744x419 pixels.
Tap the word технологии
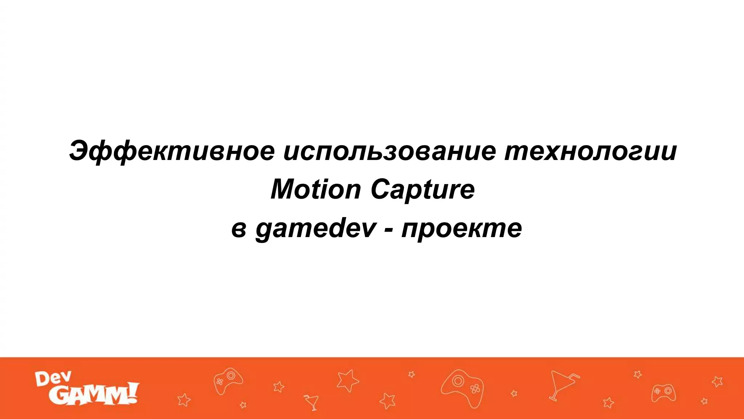pyautogui.click(x=590, y=151)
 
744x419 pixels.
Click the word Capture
pyautogui.click(x=422, y=190)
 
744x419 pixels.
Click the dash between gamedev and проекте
pyautogui.click(x=389, y=230)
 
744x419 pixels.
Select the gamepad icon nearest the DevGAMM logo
pyautogui.click(x=227, y=380)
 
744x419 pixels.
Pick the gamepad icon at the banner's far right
pyautogui.click(x=663, y=392)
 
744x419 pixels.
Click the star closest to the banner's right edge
pyautogui.click(x=717, y=382)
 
